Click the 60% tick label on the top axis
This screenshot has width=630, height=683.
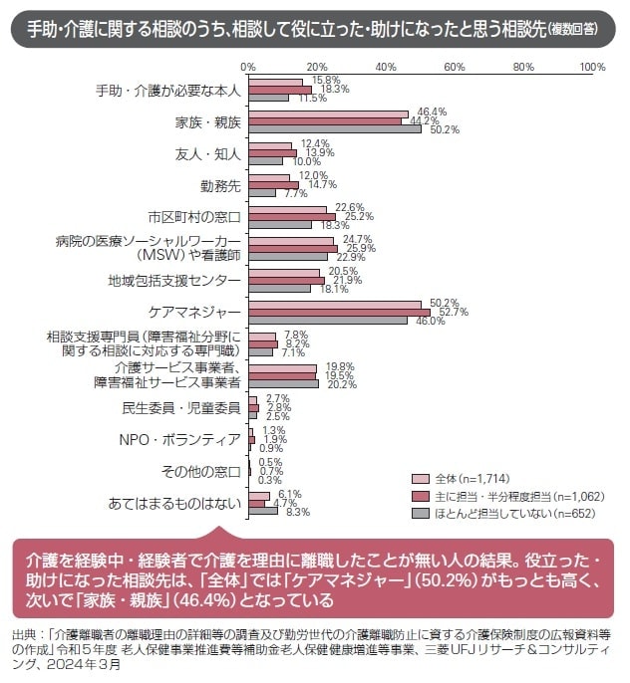[x=455, y=67]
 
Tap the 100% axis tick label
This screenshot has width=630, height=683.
[x=592, y=67]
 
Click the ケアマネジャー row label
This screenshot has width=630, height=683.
[x=194, y=312]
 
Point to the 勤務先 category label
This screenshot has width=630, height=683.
[x=221, y=185]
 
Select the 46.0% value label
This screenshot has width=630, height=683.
[x=430, y=322]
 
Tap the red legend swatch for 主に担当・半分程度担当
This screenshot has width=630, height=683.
[x=420, y=495]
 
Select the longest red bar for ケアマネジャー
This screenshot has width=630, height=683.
[x=339, y=312]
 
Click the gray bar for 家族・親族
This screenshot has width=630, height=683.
[x=335, y=128]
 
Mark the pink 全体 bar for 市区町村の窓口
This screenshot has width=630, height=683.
[x=288, y=209]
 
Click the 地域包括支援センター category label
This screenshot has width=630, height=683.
[x=174, y=280]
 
